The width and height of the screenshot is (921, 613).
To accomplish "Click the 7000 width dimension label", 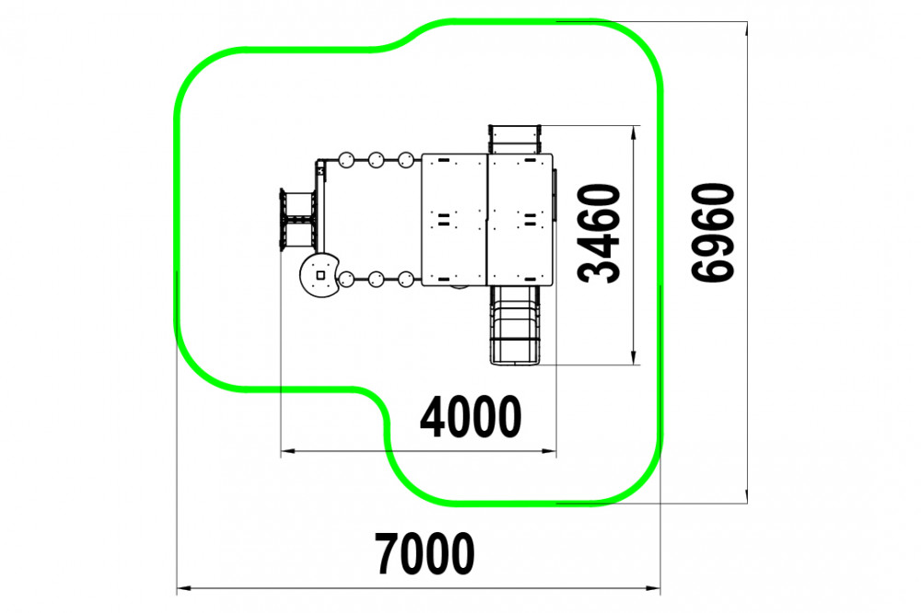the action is [425, 553].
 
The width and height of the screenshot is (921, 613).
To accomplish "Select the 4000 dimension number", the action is [471, 416].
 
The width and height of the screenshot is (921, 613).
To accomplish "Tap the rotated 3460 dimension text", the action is [600, 233].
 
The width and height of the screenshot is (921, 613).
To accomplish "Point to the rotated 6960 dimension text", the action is [713, 233].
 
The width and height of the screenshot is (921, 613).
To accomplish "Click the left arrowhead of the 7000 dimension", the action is [184, 588].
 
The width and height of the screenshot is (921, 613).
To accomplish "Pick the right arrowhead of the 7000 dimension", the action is [653, 588].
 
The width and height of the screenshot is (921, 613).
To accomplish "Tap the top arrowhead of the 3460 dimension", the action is [634, 133].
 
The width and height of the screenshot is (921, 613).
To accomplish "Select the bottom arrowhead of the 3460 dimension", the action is [634, 357].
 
